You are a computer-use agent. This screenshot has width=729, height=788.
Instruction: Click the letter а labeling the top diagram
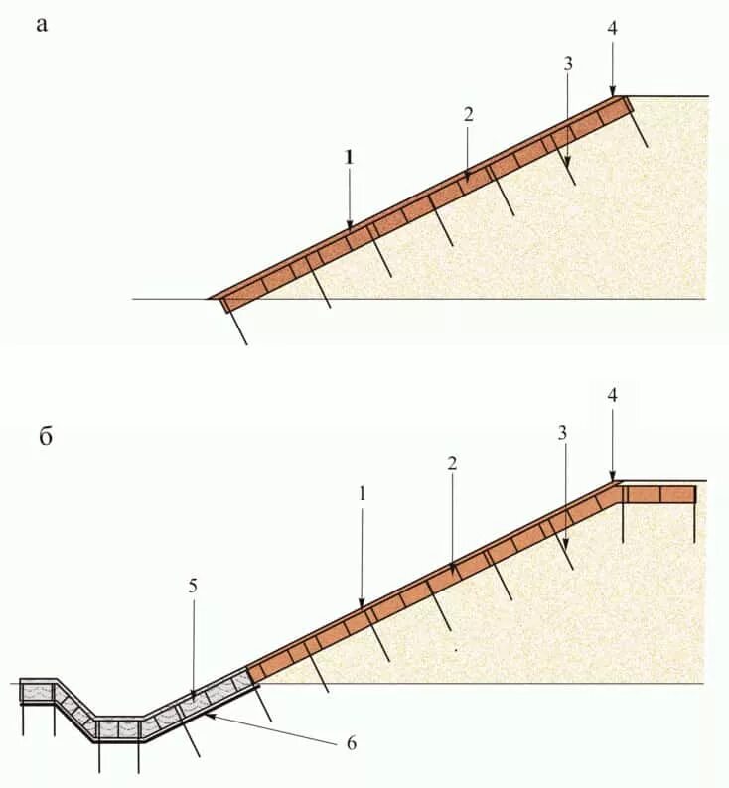(42, 25)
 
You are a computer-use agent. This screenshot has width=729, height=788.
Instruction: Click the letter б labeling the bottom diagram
(46, 438)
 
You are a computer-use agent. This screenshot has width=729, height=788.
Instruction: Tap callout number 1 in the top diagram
(349, 157)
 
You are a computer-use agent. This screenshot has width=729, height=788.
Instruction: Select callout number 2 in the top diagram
(468, 114)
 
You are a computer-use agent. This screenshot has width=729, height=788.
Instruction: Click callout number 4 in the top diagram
(612, 28)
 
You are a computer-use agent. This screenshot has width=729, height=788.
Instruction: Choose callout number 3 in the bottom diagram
(563, 433)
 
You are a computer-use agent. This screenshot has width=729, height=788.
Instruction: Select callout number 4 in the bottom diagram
(613, 396)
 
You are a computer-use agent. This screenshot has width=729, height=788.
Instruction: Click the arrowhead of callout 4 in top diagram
(613, 93)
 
